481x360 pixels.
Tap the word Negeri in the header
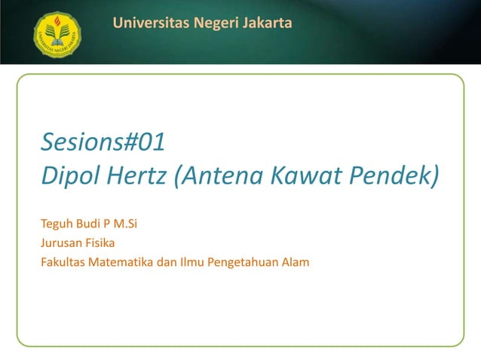tap(215, 24)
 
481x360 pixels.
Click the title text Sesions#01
tap(103, 141)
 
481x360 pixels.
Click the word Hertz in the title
tap(136, 176)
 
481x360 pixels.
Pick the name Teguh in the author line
tap(57, 224)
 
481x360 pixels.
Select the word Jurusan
tap(61, 243)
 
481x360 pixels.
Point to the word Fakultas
tap(63, 261)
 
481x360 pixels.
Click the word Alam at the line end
tap(296, 261)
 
